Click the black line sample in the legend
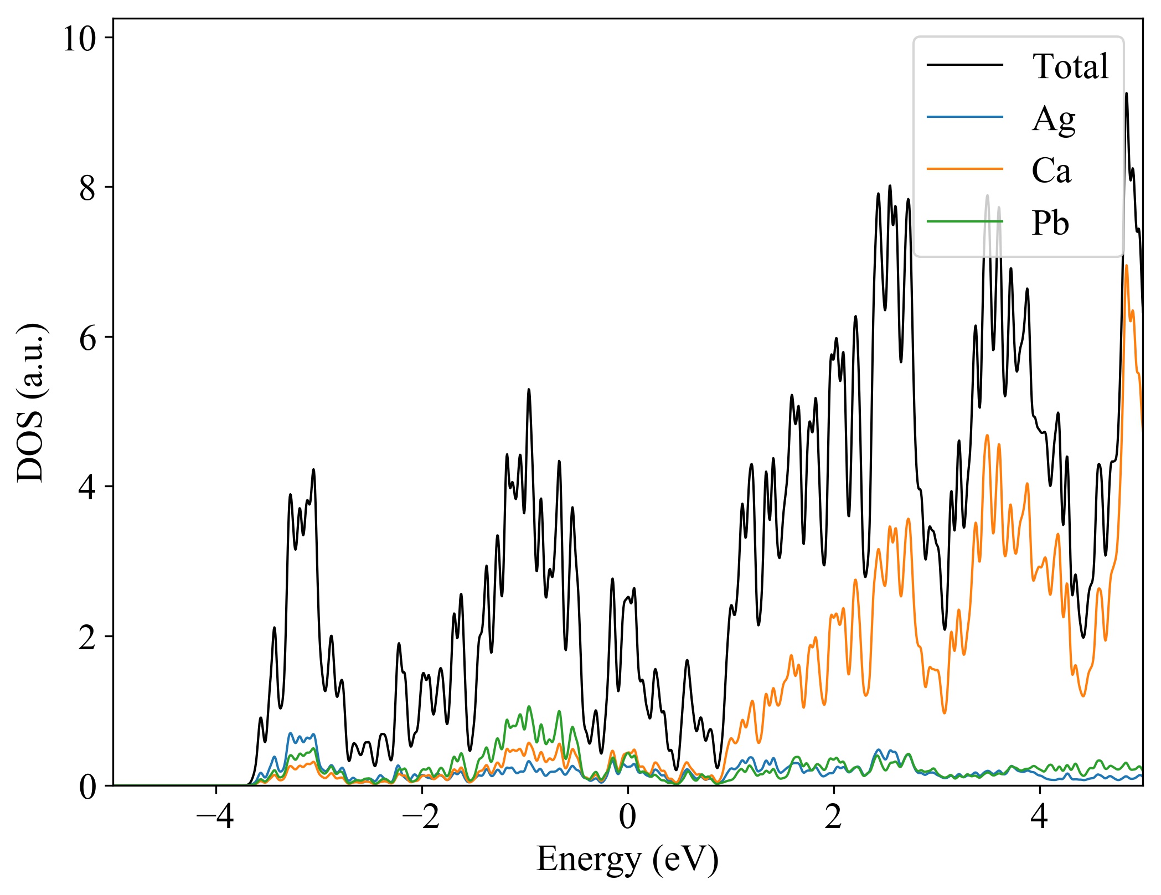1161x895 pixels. tap(965, 65)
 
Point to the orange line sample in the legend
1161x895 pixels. tap(965, 168)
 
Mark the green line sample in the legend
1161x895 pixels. tap(965, 221)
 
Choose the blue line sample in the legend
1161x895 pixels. tap(965, 117)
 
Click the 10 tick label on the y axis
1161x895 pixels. tap(79, 39)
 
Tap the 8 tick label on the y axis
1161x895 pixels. tap(88, 188)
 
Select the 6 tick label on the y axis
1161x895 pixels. tap(88, 338)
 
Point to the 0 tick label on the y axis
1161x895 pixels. tap(88, 787)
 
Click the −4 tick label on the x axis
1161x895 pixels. tap(215, 817)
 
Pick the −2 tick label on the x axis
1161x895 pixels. tap(421, 817)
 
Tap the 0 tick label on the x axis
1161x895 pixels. tap(628, 817)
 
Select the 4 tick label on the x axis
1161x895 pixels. tap(1040, 817)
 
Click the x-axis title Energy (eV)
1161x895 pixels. tap(627, 860)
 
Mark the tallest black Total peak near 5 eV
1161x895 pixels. tap(1126, 94)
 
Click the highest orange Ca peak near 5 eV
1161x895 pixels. tap(1126, 266)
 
